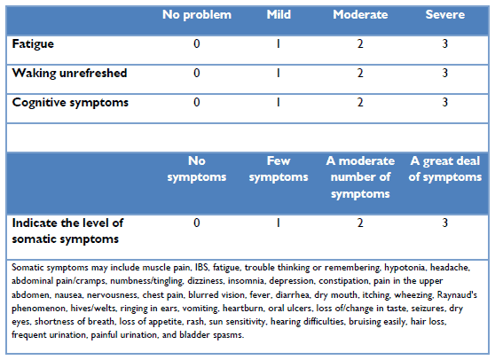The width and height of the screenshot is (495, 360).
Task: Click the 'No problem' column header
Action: (x=197, y=15)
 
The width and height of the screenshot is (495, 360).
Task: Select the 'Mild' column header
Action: (x=279, y=14)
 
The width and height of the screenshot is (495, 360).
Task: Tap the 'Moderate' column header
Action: (x=360, y=14)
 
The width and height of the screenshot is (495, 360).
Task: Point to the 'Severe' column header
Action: (x=444, y=14)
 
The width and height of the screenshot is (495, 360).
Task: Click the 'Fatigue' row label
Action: (x=33, y=44)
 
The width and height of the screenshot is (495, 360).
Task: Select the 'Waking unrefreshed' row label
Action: (x=69, y=74)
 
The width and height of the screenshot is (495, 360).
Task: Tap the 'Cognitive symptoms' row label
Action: (x=70, y=103)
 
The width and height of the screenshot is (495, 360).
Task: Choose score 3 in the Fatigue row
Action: (x=444, y=43)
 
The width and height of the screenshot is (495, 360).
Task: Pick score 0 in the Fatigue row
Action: (x=197, y=43)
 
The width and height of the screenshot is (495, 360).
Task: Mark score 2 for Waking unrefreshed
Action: (x=360, y=73)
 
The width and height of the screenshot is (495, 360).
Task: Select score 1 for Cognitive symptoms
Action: (x=279, y=102)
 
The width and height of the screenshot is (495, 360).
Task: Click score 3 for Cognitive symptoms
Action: (x=444, y=102)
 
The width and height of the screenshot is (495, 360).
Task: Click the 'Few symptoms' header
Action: (x=279, y=169)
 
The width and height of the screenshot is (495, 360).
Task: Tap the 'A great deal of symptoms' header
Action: (x=445, y=169)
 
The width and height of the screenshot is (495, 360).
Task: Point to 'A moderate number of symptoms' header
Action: (x=360, y=177)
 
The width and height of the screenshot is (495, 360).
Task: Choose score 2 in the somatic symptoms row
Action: (x=360, y=223)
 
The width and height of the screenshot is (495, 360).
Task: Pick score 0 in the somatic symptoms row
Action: (x=197, y=223)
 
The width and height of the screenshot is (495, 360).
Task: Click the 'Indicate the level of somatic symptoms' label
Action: (x=67, y=231)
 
